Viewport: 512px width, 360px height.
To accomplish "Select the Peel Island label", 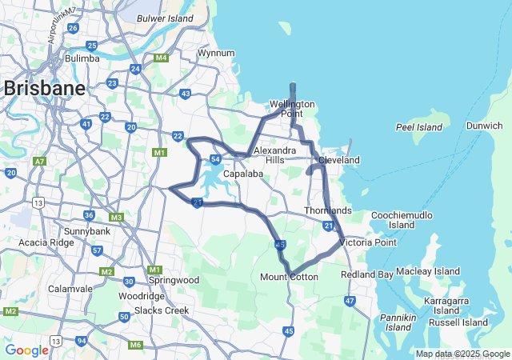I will pyautogui.click(x=418, y=127).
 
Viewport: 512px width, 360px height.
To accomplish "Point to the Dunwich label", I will pyautogui.click(x=485, y=126).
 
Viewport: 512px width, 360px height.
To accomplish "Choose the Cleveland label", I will pyautogui.click(x=339, y=161).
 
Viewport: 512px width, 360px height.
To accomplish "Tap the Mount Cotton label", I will pyautogui.click(x=289, y=277).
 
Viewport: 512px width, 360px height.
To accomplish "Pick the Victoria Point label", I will pyautogui.click(x=368, y=242).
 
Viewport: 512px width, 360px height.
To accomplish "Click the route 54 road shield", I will pyautogui.click(x=216, y=160).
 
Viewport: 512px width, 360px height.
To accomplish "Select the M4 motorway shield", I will pyautogui.click(x=162, y=58).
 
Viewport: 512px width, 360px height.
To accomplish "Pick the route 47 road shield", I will pyautogui.click(x=350, y=301).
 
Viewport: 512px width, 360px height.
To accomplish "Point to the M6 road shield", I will pyautogui.click(x=136, y=345).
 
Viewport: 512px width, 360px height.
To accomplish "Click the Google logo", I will pyautogui.click(x=26, y=350).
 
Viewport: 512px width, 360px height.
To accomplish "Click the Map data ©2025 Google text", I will pyautogui.click(x=462, y=354).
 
